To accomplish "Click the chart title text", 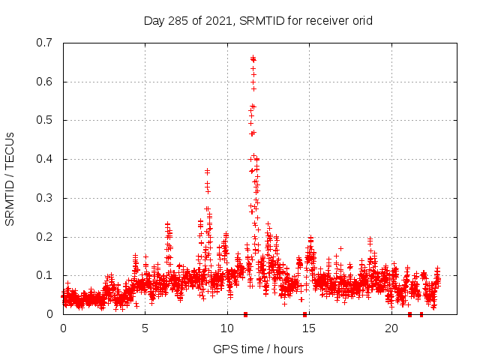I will click(258, 20).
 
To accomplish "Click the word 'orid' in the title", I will click(361, 20).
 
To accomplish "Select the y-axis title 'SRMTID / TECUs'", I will click(10, 178).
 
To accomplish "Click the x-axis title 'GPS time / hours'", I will click(258, 349).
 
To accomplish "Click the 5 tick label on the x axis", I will click(145, 328).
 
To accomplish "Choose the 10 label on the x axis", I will click(227, 328).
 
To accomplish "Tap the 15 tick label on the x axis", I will click(310, 328).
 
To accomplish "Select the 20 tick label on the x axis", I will click(391, 328).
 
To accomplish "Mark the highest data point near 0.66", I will click(253, 58).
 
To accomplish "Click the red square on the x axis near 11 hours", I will click(245, 314).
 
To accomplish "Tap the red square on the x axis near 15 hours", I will click(304, 314).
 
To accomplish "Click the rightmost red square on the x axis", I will click(421, 314).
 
